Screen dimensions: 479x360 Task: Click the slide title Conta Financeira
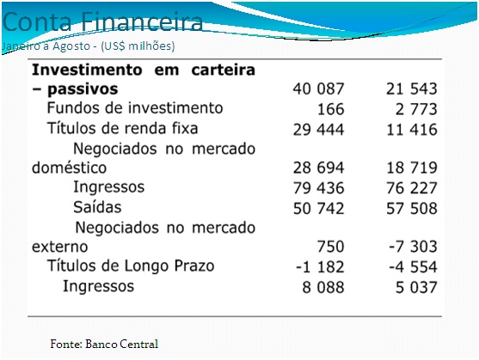click(x=102, y=22)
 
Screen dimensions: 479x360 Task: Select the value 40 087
click(x=319, y=88)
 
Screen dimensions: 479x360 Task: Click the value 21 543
click(x=412, y=88)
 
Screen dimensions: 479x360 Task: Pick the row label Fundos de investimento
click(x=135, y=108)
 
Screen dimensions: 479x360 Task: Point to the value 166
click(x=331, y=109)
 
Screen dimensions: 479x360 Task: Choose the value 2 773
click(x=416, y=109)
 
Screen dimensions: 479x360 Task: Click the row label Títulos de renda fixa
click(x=122, y=128)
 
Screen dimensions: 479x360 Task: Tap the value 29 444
click(x=319, y=130)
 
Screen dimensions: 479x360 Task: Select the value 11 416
click(x=412, y=130)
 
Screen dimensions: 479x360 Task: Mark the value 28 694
click(x=319, y=168)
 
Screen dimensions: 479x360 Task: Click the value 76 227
click(x=412, y=188)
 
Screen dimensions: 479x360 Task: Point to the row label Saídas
click(x=97, y=207)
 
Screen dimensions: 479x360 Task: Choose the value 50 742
click(x=319, y=209)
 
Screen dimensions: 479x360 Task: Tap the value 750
click(x=331, y=247)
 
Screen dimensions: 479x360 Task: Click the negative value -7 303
click(x=413, y=247)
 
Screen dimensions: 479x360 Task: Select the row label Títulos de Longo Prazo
click(x=131, y=265)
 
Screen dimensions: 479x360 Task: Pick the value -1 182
click(x=320, y=267)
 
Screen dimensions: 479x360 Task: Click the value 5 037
click(x=416, y=287)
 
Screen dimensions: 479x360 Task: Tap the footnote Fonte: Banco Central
click(x=104, y=344)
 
